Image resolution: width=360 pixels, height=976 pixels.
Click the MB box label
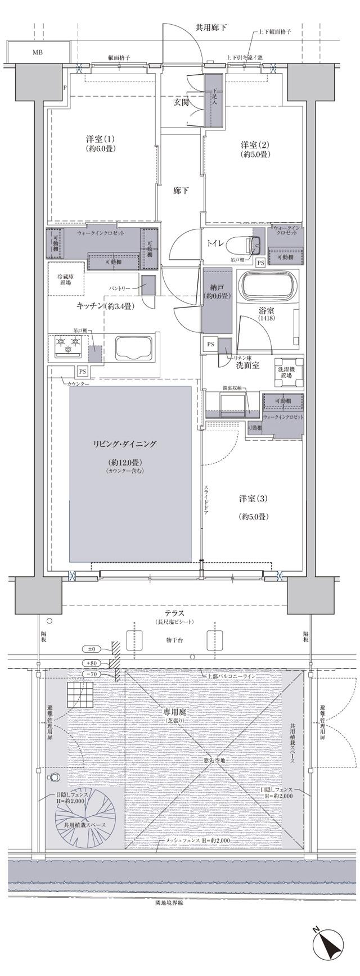tap(37, 53)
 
